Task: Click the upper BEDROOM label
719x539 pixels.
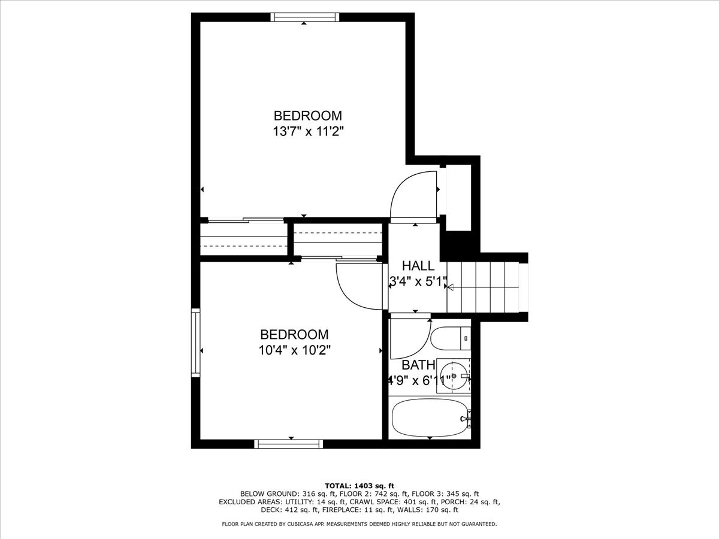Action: pyautogui.click(x=308, y=116)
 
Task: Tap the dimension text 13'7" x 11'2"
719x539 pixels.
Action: pyautogui.click(x=308, y=132)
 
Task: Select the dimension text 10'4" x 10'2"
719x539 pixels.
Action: pyautogui.click(x=294, y=350)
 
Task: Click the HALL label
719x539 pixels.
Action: pyautogui.click(x=418, y=266)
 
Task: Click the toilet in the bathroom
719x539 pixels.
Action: pyautogui.click(x=451, y=339)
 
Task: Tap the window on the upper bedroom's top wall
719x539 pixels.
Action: pyautogui.click(x=305, y=17)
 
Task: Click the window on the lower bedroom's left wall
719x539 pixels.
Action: pyautogui.click(x=195, y=343)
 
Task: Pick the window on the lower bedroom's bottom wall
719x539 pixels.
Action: pyautogui.click(x=289, y=444)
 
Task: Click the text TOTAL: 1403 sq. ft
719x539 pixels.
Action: pyautogui.click(x=359, y=485)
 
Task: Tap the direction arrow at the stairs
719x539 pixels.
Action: pyautogui.click(x=450, y=287)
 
